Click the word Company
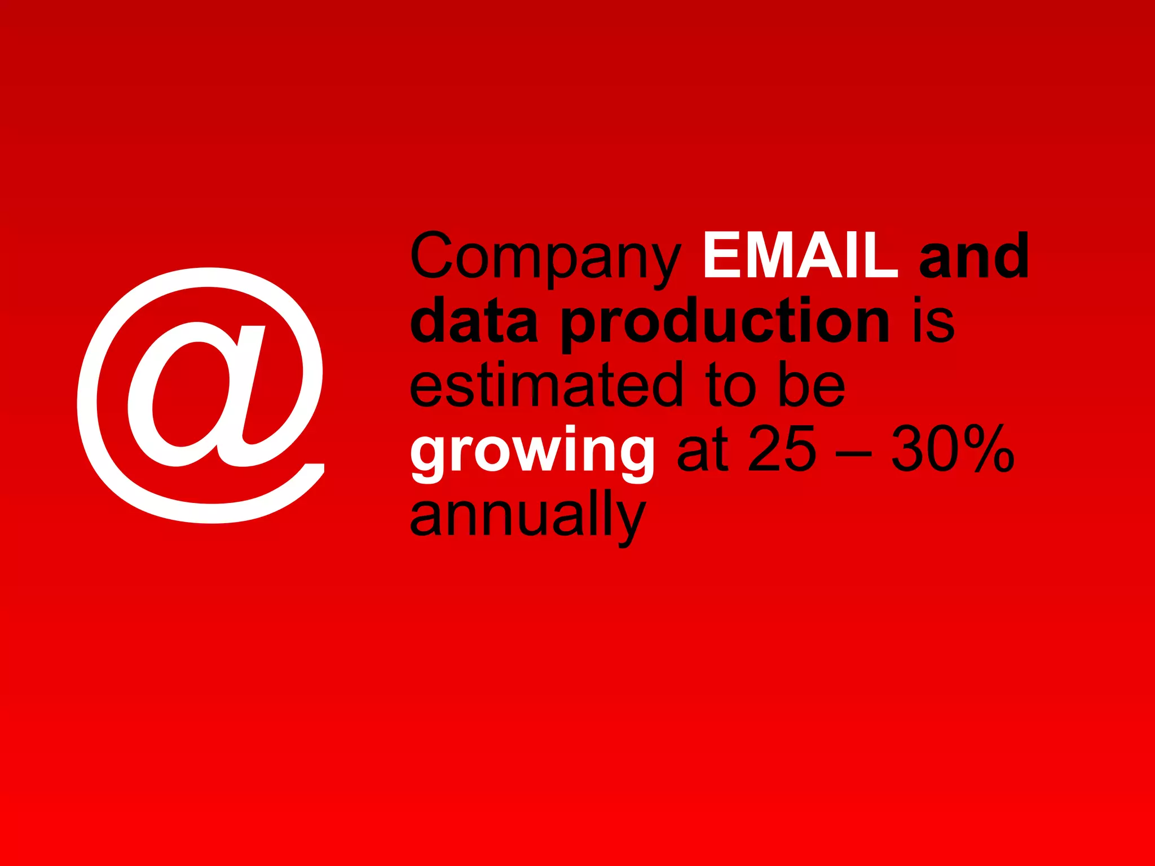pyautogui.click(x=545, y=257)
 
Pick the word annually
pyautogui.click(x=527, y=516)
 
